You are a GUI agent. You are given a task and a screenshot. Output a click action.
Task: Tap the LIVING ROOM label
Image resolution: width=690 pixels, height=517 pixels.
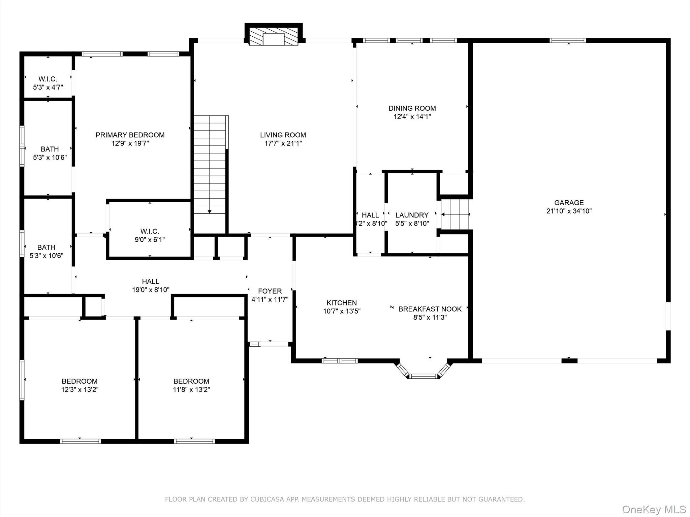(x=283, y=135)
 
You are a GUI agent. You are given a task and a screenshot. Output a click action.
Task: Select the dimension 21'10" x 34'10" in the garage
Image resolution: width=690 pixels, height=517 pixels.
(x=569, y=211)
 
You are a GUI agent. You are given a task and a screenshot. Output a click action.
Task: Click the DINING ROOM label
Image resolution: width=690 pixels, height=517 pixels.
(x=412, y=108)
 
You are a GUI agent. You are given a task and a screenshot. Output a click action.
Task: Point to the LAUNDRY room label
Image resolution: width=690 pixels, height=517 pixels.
(x=412, y=215)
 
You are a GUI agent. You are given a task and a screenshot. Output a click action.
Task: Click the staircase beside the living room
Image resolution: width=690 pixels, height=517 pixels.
(x=209, y=165)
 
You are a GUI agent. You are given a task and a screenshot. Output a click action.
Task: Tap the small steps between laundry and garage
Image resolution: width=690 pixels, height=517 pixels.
(x=455, y=214)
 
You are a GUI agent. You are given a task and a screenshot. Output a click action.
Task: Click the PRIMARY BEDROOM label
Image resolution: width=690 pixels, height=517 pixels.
(x=130, y=135)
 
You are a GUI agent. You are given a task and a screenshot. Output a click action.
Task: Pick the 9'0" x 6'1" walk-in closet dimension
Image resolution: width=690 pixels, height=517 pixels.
(x=150, y=240)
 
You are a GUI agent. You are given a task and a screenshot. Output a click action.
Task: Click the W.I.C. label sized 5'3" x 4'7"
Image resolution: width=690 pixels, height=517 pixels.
(x=48, y=79)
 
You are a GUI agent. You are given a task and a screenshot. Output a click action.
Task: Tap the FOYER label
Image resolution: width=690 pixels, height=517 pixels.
(x=270, y=291)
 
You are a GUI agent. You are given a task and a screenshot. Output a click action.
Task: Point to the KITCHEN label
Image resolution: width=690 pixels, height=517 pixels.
(x=341, y=303)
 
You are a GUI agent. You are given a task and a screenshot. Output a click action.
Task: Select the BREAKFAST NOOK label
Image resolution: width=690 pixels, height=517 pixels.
(x=430, y=309)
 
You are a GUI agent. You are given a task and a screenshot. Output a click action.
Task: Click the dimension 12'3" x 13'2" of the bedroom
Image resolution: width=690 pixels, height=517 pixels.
(x=80, y=389)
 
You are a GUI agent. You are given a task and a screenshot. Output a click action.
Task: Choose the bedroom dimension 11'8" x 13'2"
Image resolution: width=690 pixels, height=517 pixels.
(x=191, y=389)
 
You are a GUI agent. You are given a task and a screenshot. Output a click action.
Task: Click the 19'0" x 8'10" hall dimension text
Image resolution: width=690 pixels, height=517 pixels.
(x=151, y=289)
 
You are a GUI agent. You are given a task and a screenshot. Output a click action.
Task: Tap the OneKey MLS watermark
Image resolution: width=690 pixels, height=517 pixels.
(x=654, y=509)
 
